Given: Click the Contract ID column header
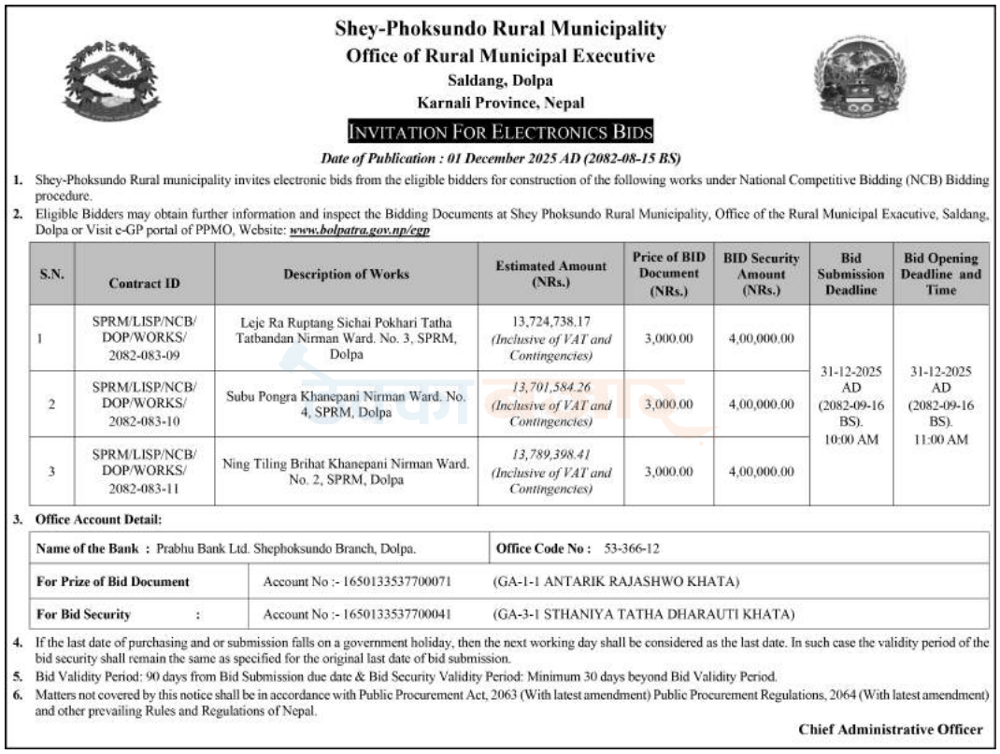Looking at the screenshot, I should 144,281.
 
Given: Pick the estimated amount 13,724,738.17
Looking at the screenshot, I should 550,320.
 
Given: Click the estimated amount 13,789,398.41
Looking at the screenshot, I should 550,453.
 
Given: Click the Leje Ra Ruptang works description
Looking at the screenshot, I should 347,337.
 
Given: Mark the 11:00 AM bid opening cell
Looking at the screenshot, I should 941,405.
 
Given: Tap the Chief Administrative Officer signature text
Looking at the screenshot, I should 890,729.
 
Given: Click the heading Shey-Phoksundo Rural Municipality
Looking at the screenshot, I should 501,29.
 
